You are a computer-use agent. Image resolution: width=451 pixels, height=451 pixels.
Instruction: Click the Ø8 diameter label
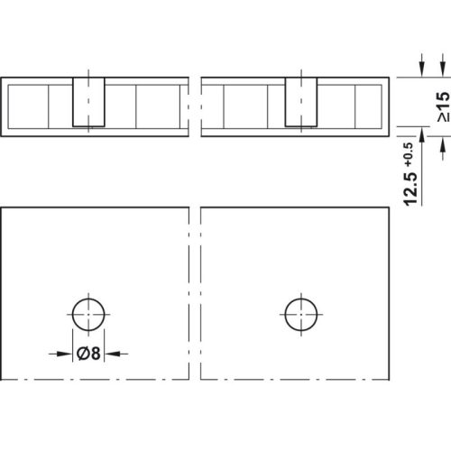(x=87, y=353)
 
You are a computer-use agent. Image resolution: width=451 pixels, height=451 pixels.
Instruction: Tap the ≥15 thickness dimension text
(x=442, y=107)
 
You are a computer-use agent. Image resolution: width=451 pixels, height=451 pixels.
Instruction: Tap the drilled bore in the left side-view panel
(x=88, y=102)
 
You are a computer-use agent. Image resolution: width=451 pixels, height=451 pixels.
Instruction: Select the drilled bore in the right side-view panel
(x=301, y=102)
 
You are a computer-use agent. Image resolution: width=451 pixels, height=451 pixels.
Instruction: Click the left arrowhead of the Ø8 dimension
(x=68, y=353)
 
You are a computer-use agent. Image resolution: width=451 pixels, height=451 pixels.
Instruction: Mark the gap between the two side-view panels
(x=195, y=106)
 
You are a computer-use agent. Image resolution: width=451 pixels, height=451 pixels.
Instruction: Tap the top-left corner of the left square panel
(x=2, y=207)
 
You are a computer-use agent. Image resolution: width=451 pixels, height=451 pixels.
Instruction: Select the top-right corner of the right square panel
(x=391, y=207)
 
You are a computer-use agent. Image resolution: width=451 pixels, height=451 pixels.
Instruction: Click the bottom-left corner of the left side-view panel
(x=2, y=136)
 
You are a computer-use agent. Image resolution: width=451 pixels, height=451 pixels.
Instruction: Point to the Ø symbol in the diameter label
(x=81, y=353)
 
